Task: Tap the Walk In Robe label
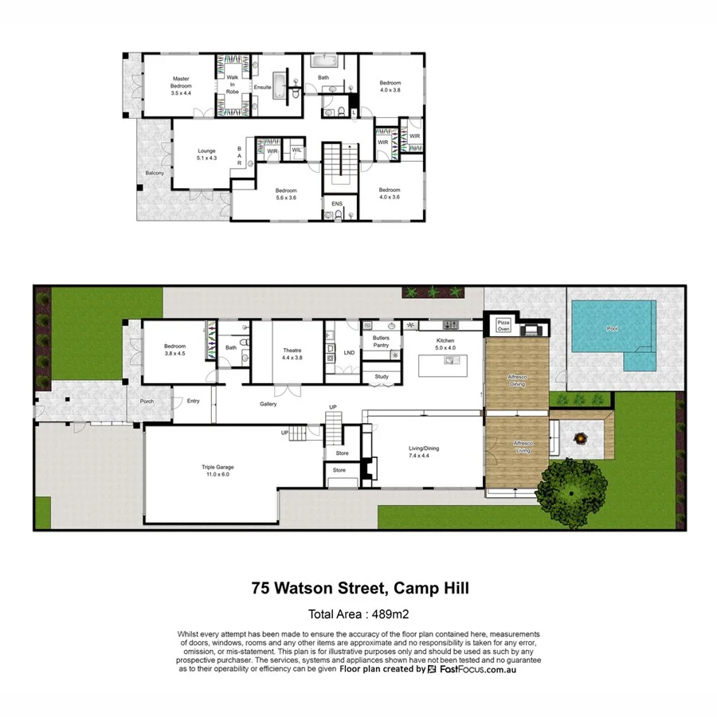(x=232, y=84)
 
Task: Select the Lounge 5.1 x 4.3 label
(x=207, y=155)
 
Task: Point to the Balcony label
(x=155, y=173)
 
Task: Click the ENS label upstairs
(x=337, y=204)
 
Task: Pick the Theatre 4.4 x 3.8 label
(x=292, y=354)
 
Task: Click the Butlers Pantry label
(x=380, y=342)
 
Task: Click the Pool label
(x=612, y=328)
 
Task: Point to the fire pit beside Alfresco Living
(x=581, y=437)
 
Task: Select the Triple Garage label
(x=217, y=470)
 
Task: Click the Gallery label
(x=268, y=404)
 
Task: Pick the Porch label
(x=147, y=401)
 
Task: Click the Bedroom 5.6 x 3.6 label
(x=286, y=194)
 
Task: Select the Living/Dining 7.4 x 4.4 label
(x=424, y=452)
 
